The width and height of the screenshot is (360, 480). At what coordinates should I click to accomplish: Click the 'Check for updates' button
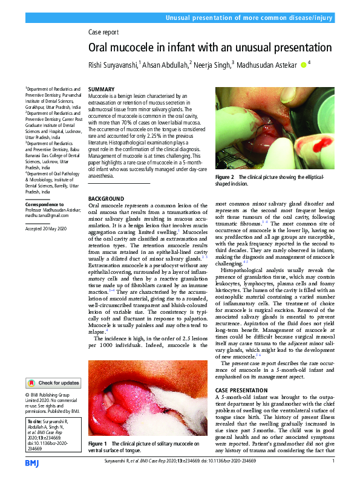click(x=53, y=383)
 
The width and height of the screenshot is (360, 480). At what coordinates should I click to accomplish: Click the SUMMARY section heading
click(x=102, y=89)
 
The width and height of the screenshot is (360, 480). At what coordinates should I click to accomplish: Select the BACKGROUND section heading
click(x=106, y=198)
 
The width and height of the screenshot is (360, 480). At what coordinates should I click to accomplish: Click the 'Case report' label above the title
click(x=103, y=32)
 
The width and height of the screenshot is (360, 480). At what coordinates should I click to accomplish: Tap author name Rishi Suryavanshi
click(x=113, y=64)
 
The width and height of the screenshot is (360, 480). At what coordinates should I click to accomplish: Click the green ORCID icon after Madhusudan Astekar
click(x=303, y=64)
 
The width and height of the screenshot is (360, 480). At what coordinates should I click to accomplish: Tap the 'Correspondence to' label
click(x=44, y=204)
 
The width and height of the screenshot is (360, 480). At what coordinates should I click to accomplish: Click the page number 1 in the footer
click(x=333, y=461)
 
